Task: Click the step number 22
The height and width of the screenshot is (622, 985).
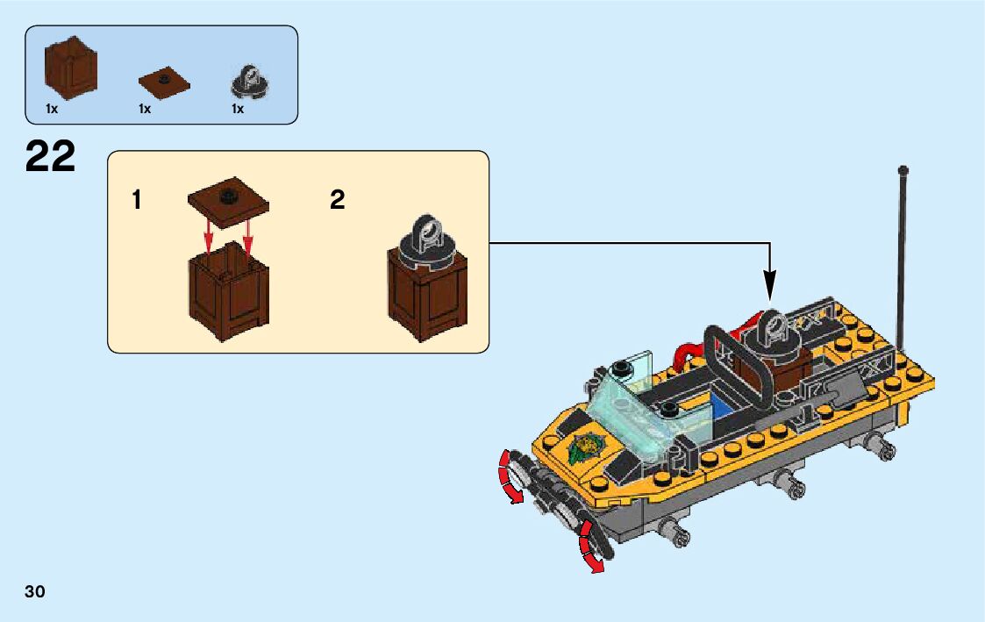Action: coord(50,158)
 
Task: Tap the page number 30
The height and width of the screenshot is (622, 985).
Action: coord(35,591)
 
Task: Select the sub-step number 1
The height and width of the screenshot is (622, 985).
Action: coord(136,201)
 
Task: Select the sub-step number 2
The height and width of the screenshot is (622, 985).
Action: coord(338,201)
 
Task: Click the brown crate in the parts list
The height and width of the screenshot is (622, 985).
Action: coord(70,68)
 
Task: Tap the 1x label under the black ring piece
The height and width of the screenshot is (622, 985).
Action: coord(238,110)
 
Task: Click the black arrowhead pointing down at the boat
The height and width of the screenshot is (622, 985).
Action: coord(770,283)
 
